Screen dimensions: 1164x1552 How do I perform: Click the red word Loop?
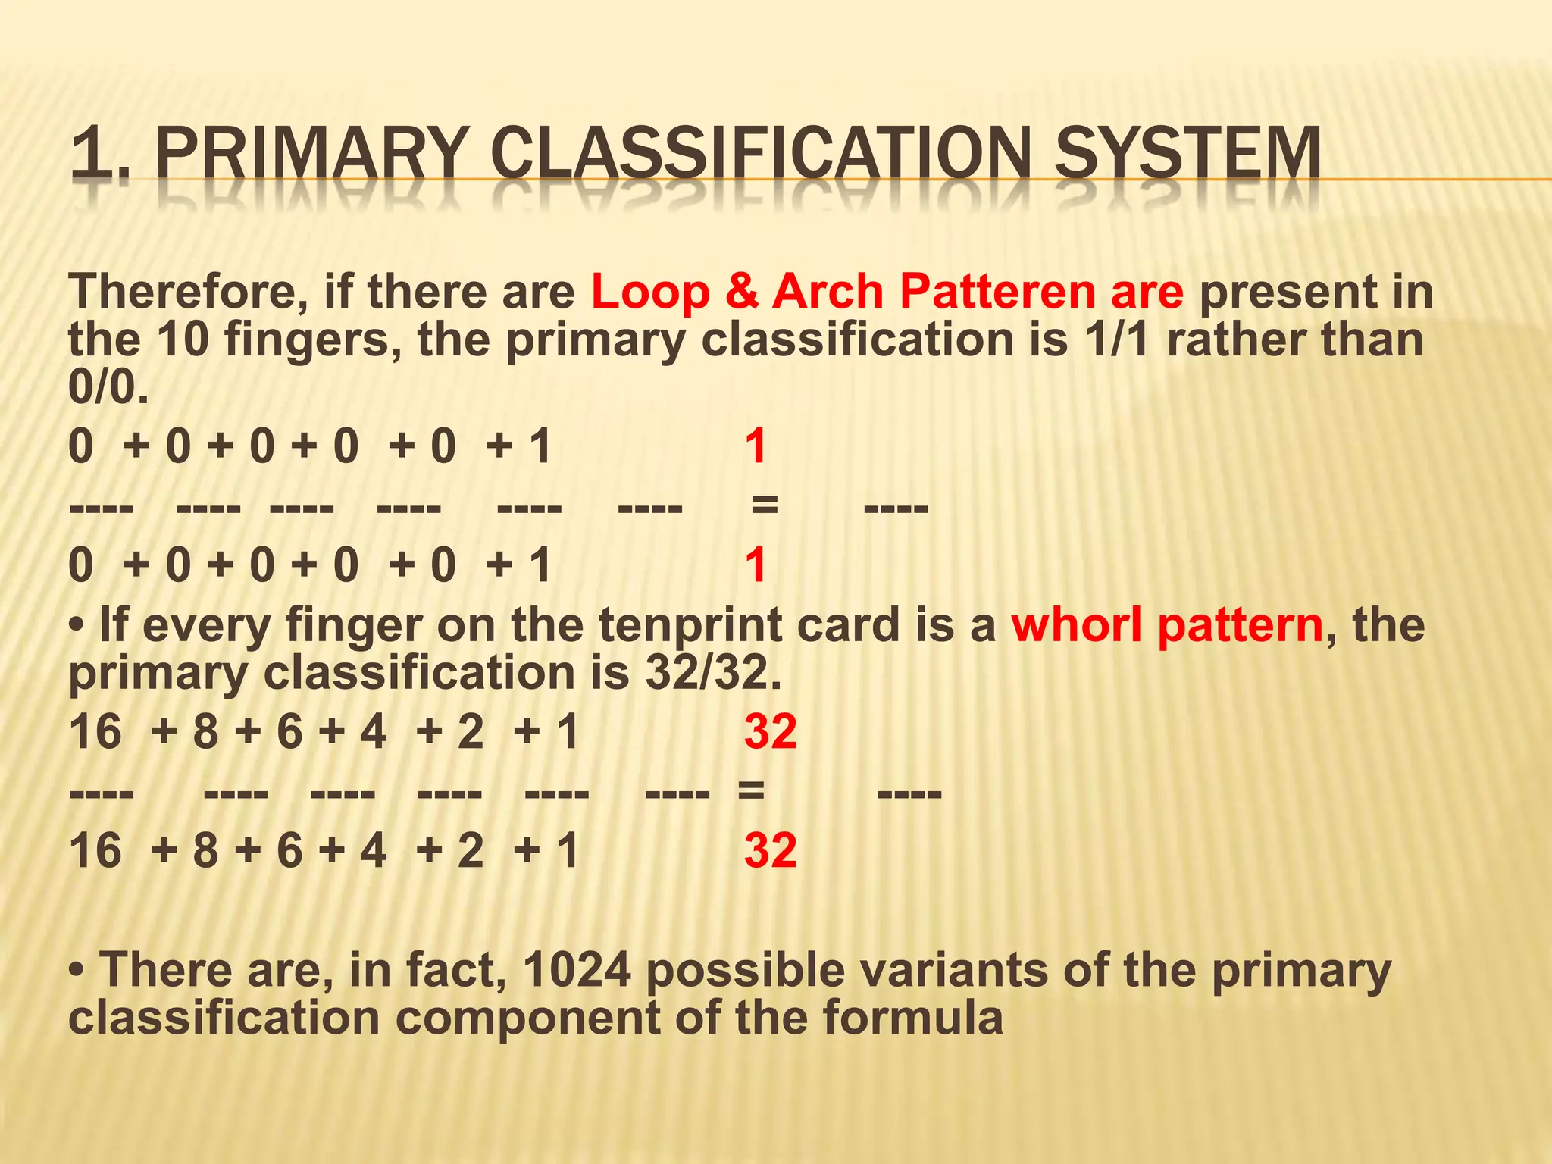point(649,293)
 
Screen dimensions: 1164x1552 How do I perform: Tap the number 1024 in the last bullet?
point(577,970)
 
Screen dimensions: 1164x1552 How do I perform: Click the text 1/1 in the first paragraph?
point(1115,339)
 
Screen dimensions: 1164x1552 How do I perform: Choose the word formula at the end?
point(912,1017)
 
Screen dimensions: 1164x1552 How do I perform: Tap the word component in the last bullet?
point(527,1017)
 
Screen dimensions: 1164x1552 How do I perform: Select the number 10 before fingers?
point(183,339)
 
